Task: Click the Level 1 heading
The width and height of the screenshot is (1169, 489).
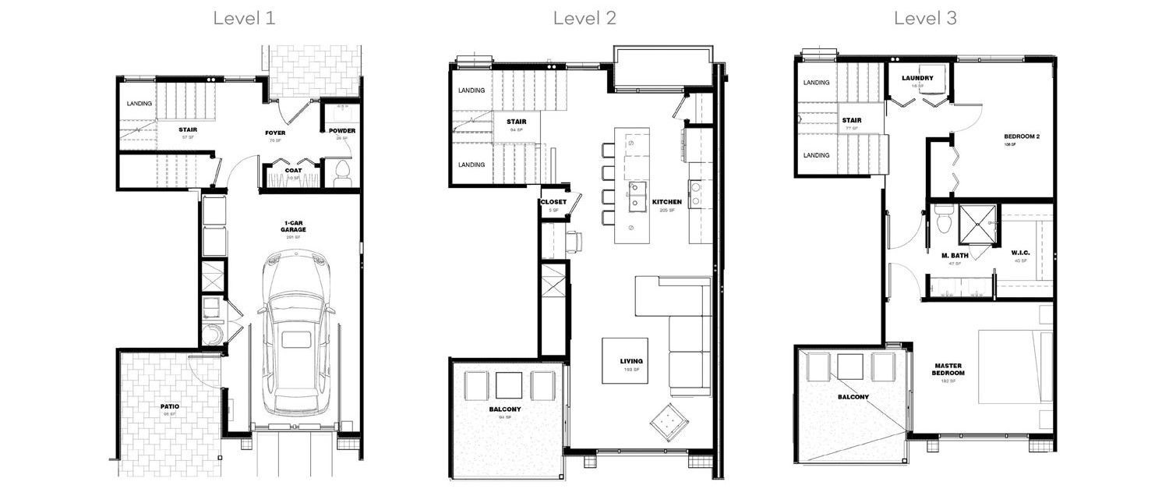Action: tap(244, 18)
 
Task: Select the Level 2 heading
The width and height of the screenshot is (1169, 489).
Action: tap(584, 18)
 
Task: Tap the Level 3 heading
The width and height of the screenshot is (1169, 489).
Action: tap(925, 18)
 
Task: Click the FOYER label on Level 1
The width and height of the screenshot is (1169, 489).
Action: tap(275, 133)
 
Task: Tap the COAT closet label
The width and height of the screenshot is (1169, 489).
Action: tap(293, 171)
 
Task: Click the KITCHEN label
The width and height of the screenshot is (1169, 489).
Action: tap(668, 202)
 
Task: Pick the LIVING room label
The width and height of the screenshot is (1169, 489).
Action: tap(631, 361)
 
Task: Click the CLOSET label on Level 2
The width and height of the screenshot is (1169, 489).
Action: tap(553, 202)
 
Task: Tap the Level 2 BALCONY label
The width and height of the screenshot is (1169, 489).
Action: tap(505, 409)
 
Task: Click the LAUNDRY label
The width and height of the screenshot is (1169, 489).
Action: tap(917, 78)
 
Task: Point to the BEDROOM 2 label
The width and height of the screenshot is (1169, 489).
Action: tap(1022, 136)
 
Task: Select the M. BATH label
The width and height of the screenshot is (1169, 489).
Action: tap(954, 256)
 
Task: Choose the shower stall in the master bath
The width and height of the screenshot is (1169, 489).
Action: tap(977, 225)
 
